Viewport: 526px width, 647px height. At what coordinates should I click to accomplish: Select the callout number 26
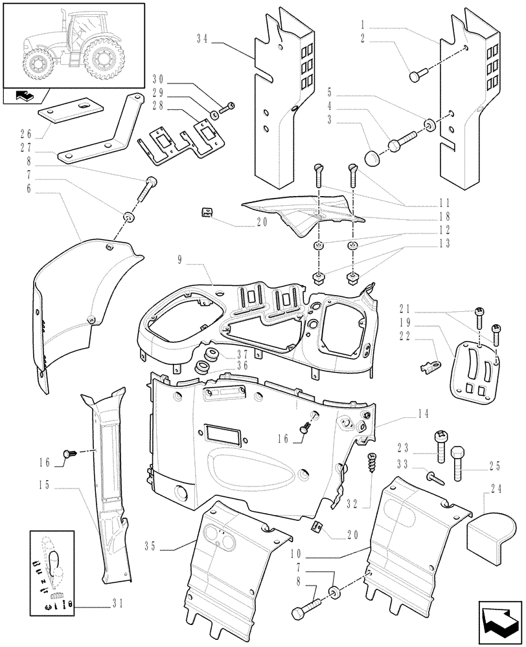pyautogui.click(x=26, y=135)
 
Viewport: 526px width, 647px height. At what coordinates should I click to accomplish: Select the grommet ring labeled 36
pyautogui.click(x=201, y=368)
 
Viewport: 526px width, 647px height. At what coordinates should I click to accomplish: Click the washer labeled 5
pyautogui.click(x=430, y=123)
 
